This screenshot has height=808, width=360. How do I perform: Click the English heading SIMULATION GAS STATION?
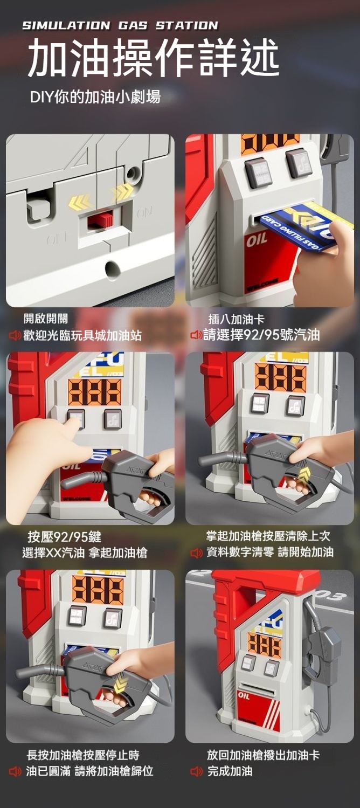point(120,26)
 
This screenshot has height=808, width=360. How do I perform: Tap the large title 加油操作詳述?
point(153,58)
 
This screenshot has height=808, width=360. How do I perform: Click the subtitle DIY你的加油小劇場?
point(95,96)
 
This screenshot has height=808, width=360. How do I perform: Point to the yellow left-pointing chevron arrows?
point(80,203)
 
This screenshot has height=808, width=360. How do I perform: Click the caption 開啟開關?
point(45,319)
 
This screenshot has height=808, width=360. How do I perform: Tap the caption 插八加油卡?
point(236,319)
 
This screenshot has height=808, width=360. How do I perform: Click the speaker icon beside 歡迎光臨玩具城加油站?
point(15,336)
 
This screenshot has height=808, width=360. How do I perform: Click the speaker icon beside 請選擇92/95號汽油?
point(196,335)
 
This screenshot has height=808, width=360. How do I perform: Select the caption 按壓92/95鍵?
point(65,537)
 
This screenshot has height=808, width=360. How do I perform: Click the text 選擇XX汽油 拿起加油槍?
point(85,553)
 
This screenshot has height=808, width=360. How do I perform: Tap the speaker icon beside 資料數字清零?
point(196,553)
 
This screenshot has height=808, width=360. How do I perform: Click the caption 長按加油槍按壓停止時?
point(83,755)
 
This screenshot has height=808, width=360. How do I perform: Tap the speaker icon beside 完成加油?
point(196,771)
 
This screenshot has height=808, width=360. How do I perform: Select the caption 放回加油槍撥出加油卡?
point(264,755)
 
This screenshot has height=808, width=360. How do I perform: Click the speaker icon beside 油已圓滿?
point(15,771)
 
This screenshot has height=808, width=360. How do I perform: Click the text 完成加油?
point(230,771)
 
